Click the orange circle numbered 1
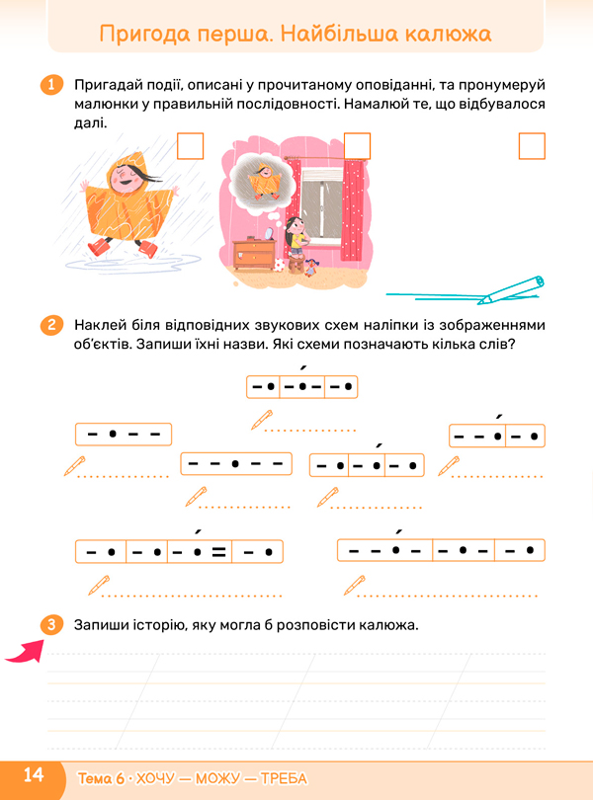[51, 84]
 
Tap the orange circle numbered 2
[51, 325]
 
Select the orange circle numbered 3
[51, 624]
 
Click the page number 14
[34, 775]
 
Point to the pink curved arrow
[25, 651]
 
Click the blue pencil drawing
[466, 291]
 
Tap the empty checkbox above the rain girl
[191, 146]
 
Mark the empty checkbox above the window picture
[357, 146]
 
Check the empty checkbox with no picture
[532, 146]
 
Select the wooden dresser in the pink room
[254, 255]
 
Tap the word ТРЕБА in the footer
[284, 778]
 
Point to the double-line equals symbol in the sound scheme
[219, 551]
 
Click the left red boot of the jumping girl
[99, 247]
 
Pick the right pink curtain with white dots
[353, 209]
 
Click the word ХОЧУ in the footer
[155, 778]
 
